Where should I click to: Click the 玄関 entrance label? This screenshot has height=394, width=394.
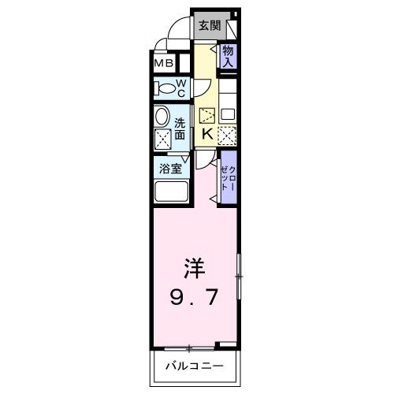coord(210,25)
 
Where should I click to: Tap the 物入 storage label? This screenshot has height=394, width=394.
coord(227,55)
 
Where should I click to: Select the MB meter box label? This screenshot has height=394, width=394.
coord(164,64)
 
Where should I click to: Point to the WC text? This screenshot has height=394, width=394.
coord(180,87)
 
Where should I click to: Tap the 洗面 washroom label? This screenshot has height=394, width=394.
coord(180,128)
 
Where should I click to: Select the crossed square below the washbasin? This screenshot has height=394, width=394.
coord(163,141)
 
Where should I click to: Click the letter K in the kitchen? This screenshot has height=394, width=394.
coord(206,134)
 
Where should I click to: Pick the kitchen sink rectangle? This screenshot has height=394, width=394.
coord(228,113)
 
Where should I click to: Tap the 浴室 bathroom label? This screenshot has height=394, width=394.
coord(170,167)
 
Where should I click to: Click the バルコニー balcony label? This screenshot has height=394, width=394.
coord(194,366)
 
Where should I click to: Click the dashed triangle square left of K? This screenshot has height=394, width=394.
coord(207,114)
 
